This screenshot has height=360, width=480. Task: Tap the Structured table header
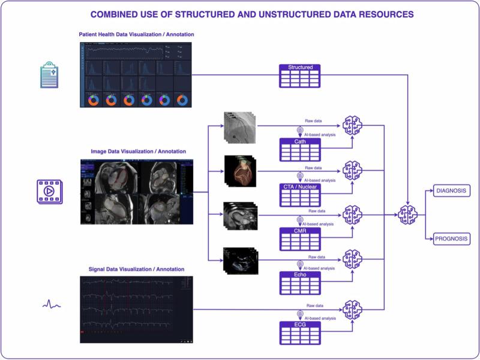(300, 68)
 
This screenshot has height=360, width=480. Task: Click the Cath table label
(300, 142)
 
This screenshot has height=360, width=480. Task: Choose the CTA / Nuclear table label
(300, 186)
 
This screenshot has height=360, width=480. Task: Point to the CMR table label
(300, 230)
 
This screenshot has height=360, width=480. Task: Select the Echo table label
(300, 275)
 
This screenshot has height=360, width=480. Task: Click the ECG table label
(300, 325)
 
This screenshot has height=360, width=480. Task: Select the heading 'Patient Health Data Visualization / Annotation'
(137, 34)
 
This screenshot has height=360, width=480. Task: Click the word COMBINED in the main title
(116, 13)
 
